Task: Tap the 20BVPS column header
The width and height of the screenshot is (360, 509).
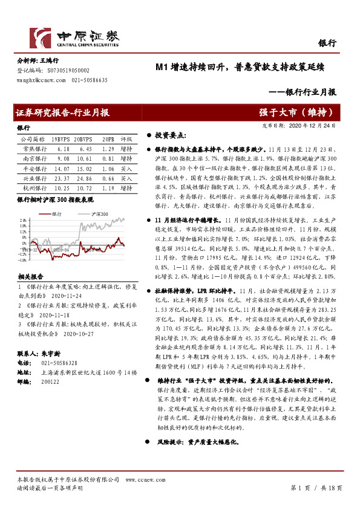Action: [x=83, y=138]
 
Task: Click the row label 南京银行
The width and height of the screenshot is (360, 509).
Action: [x=31, y=158]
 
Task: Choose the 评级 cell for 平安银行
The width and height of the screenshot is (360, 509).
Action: [x=126, y=169]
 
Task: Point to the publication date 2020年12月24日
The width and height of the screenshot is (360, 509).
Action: [x=317, y=125]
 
